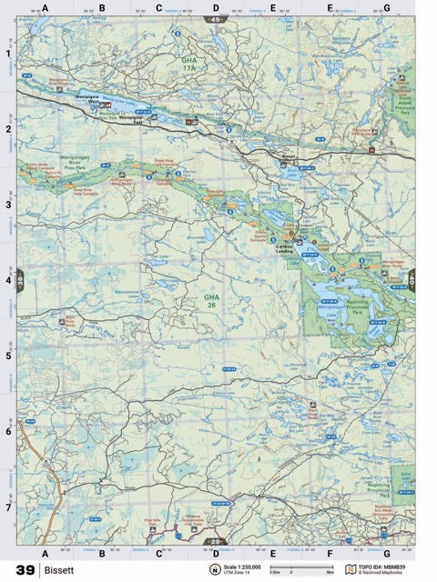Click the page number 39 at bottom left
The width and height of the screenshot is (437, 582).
pyautogui.click(x=25, y=570)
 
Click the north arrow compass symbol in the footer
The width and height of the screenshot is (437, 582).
pyautogui.click(x=215, y=570)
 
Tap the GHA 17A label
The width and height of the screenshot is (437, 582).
pyautogui.click(x=188, y=65)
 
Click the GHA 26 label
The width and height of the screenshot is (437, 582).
pyautogui.click(x=211, y=300)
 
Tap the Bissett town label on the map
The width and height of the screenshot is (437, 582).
pyautogui.click(x=289, y=156)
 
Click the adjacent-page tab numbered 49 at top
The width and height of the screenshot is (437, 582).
pyautogui.click(x=216, y=18)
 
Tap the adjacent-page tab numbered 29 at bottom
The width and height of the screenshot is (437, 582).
pyautogui.click(x=216, y=542)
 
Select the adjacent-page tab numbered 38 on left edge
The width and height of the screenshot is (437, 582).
pyautogui.click(x=20, y=276)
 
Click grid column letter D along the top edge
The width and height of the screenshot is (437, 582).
pyautogui.click(x=216, y=8)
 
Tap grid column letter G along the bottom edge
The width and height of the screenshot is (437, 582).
pyautogui.click(x=386, y=552)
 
